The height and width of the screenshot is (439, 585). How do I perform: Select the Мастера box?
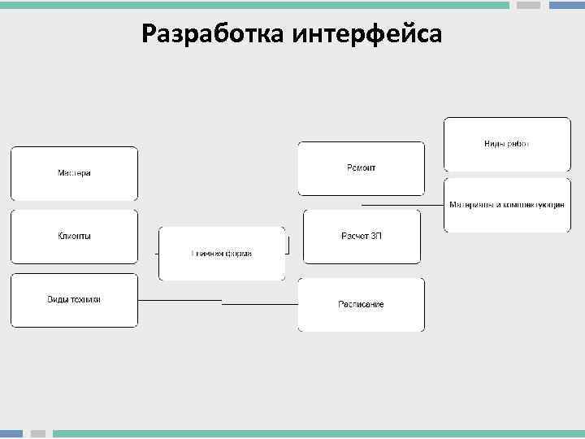(74, 173)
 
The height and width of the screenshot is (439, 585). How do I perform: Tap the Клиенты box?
(74, 237)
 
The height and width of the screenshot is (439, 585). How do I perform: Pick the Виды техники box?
(74, 300)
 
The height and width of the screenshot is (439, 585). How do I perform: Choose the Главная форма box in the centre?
(222, 254)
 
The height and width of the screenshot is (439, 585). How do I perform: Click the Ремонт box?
(362, 168)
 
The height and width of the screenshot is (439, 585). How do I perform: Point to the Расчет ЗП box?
(362, 237)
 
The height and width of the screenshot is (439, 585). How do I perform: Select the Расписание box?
(362, 305)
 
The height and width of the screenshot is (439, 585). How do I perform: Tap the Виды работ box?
(507, 144)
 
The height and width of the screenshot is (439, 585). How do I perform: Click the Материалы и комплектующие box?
(507, 205)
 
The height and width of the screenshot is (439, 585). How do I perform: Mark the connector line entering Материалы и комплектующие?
(402, 204)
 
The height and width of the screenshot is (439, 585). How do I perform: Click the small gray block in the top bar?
(529, 5)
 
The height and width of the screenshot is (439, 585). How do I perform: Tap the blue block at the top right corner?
(566, 5)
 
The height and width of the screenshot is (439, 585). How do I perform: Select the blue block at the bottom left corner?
(11, 434)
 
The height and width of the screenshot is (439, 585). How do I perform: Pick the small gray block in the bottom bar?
(38, 434)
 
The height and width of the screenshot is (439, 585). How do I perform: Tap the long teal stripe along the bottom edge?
(317, 434)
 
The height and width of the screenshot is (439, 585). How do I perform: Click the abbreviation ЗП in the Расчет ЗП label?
(376, 237)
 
